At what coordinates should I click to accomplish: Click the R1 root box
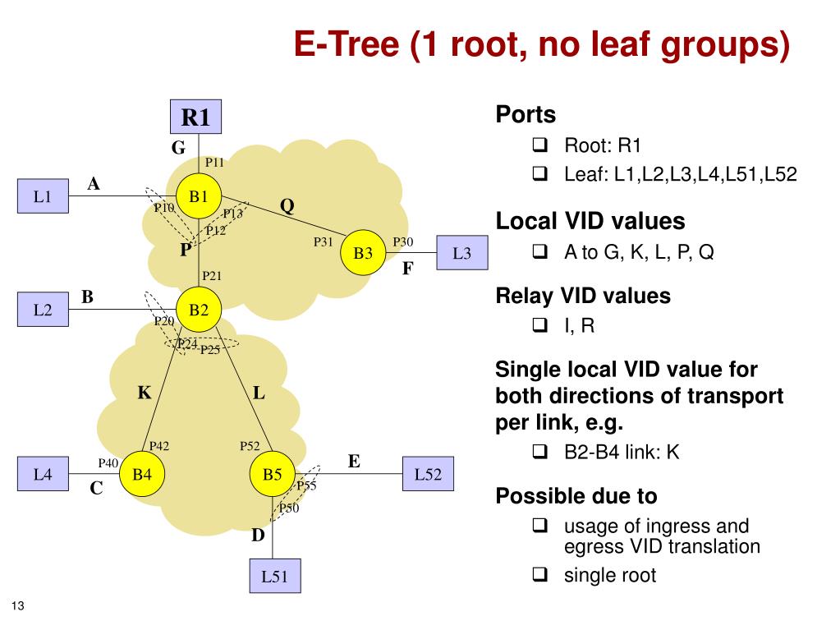pyautogui.click(x=195, y=118)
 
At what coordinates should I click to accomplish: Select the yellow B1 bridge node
pyautogui.click(x=199, y=196)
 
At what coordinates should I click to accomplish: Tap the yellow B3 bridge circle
pyautogui.click(x=363, y=252)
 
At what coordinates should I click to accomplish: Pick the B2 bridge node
pyautogui.click(x=199, y=310)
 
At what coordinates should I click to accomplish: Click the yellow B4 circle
pyautogui.click(x=142, y=475)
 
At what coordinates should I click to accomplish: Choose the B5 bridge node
pyautogui.click(x=273, y=475)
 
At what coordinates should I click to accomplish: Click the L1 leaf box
pyautogui.click(x=43, y=196)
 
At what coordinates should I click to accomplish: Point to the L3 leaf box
pyautogui.click(x=462, y=253)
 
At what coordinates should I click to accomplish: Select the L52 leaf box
pyautogui.click(x=428, y=475)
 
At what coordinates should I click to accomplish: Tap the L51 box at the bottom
pyautogui.click(x=275, y=577)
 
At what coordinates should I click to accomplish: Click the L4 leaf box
pyautogui.click(x=43, y=475)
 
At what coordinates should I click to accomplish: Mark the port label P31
pyautogui.click(x=323, y=241)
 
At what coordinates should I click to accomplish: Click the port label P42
pyautogui.click(x=159, y=446)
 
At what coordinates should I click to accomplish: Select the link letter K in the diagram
pyautogui.click(x=145, y=393)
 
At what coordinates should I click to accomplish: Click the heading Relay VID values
pyautogui.click(x=583, y=297)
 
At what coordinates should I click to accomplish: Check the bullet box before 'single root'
pyautogui.click(x=539, y=575)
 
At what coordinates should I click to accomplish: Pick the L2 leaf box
pyautogui.click(x=43, y=310)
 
